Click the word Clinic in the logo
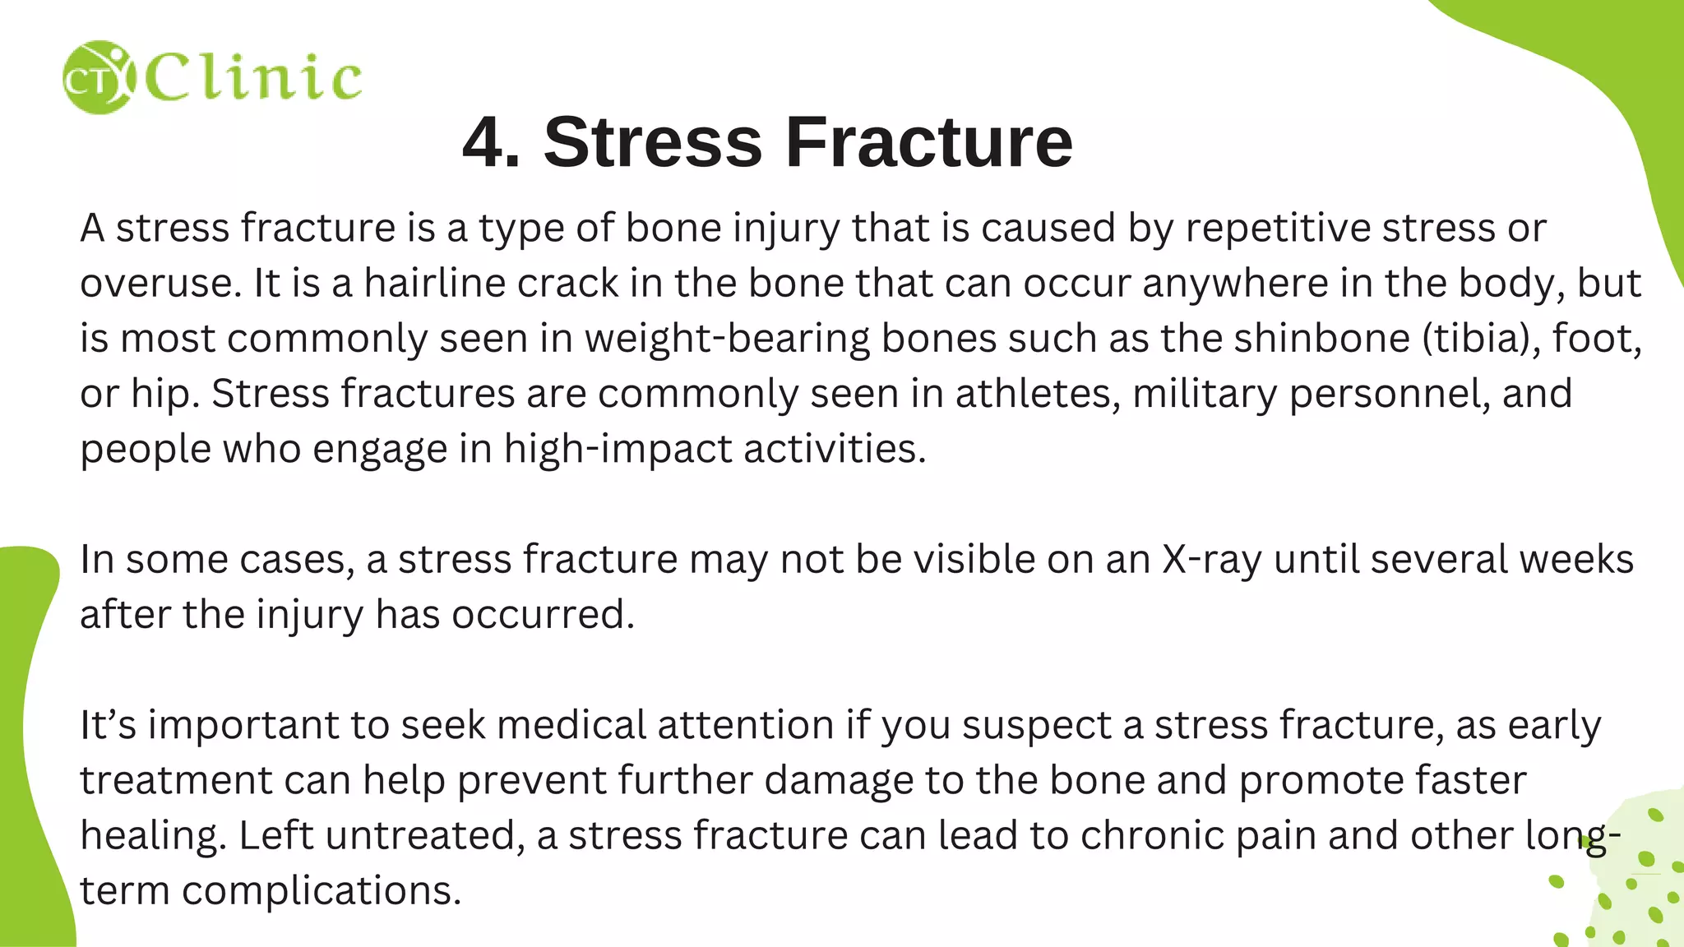pyautogui.click(x=253, y=78)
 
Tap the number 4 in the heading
pyautogui.click(x=491, y=142)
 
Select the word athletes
pyautogui.click(x=1038, y=393)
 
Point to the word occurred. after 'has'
pyautogui.click(x=543, y=614)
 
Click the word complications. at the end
pyautogui.click(x=322, y=891)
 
